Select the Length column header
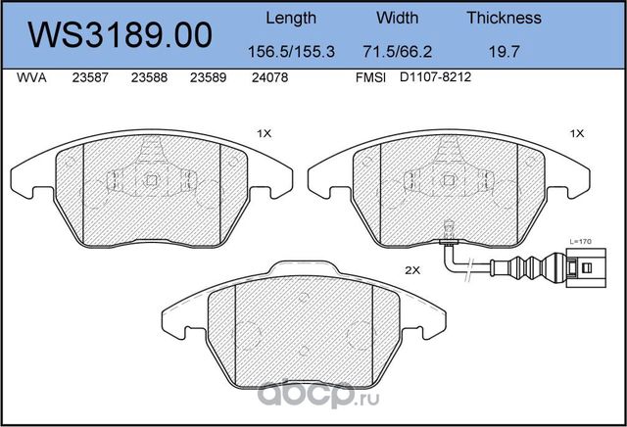tap(292, 18)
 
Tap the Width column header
tap(397, 18)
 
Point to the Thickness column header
tap(504, 18)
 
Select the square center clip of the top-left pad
tap(151, 180)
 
